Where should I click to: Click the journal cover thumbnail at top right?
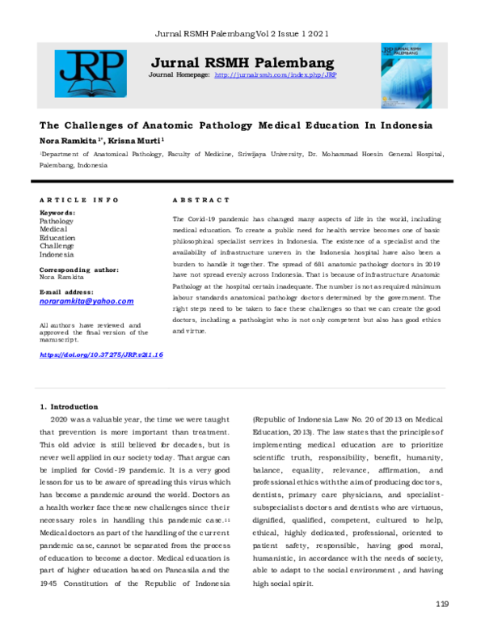pyautogui.click(x=406, y=75)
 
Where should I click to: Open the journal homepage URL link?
pyautogui.click(x=275, y=74)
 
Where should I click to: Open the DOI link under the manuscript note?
pyautogui.click(x=101, y=354)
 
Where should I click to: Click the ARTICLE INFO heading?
pyautogui.click(x=79, y=199)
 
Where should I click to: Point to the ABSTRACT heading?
pyautogui.click(x=201, y=199)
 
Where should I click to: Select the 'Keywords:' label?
pyautogui.click(x=57, y=213)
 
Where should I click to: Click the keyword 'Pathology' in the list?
pyautogui.click(x=57, y=221)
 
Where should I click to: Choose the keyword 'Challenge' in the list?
pyautogui.click(x=57, y=245)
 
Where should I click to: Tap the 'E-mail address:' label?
pyautogui.click(x=67, y=291)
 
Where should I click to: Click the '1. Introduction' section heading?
pyautogui.click(x=69, y=406)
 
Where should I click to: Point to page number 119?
pyautogui.click(x=441, y=604)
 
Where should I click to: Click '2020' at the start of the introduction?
pyautogui.click(x=60, y=420)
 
